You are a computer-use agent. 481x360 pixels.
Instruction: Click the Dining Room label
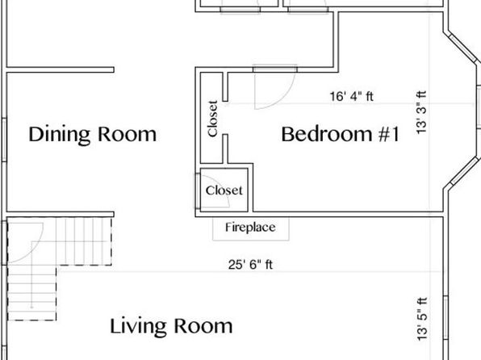[92, 135]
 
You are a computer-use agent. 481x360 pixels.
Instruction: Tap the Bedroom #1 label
[341, 134]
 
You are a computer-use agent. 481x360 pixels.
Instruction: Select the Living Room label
[171, 326]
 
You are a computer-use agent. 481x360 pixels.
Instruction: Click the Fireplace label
[250, 228]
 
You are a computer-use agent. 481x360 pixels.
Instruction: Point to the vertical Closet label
[212, 119]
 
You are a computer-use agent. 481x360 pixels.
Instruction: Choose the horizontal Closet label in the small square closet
[224, 190]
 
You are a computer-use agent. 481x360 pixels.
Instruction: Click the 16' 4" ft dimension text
[352, 96]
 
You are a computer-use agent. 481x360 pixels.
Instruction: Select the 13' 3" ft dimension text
[421, 112]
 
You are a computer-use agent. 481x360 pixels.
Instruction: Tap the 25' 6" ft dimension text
[250, 264]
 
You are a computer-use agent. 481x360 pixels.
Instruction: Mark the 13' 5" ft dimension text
[422, 319]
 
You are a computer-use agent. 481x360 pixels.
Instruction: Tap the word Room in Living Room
[203, 326]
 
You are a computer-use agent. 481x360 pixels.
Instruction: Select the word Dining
[59, 135]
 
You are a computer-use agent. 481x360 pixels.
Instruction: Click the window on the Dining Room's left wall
[4, 140]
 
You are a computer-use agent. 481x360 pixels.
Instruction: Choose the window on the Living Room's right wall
[445, 318]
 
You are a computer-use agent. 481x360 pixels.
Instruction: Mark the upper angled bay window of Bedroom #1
[462, 48]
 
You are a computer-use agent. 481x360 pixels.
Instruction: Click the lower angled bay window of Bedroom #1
[464, 170]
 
